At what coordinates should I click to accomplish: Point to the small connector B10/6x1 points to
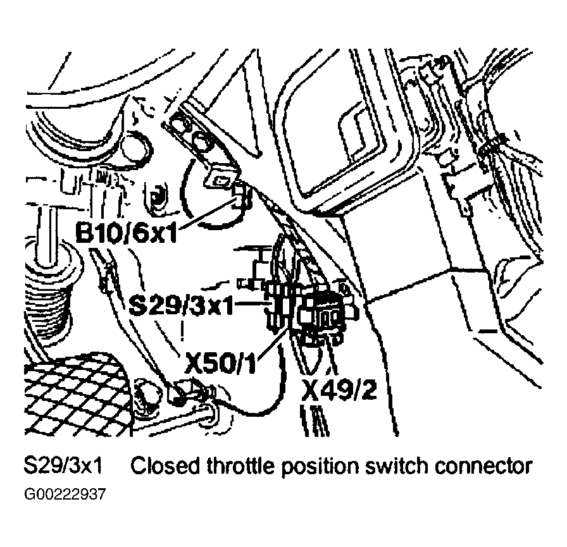click(240, 196)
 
